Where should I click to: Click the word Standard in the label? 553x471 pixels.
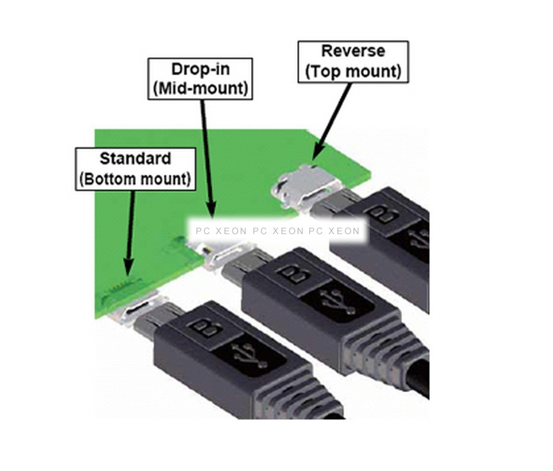(x=135, y=159)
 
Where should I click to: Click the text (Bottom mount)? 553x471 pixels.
(x=135, y=179)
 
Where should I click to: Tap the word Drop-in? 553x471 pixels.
(x=200, y=69)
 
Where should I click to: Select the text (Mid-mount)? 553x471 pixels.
(x=200, y=88)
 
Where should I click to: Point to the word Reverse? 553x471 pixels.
(x=353, y=51)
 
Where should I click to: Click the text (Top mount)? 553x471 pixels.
(x=353, y=71)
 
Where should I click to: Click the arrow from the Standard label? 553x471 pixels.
(x=131, y=232)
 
